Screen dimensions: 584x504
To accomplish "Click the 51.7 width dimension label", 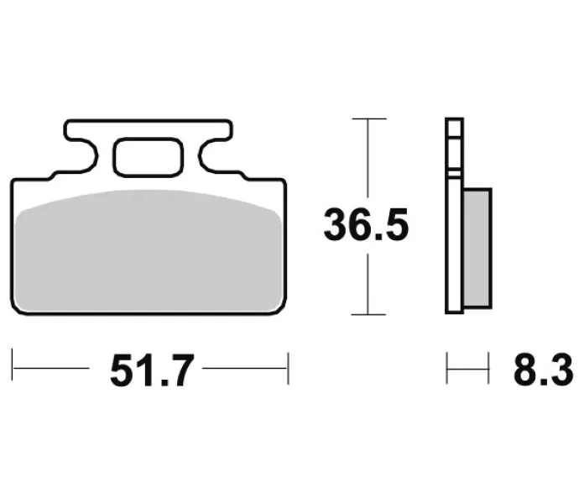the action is click(x=153, y=370).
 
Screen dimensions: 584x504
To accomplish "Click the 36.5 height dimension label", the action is click(x=366, y=225).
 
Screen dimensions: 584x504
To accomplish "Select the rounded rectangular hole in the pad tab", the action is click(x=149, y=157).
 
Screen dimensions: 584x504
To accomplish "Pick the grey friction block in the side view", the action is click(x=477, y=249).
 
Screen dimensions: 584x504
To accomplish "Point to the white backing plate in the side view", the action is click(x=454, y=216).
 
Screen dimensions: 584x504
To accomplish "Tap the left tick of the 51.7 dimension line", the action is click(x=13, y=365).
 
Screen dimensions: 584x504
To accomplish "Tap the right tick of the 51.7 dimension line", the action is click(x=288, y=368).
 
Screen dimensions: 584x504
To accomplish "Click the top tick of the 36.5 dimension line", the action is click(x=369, y=119).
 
